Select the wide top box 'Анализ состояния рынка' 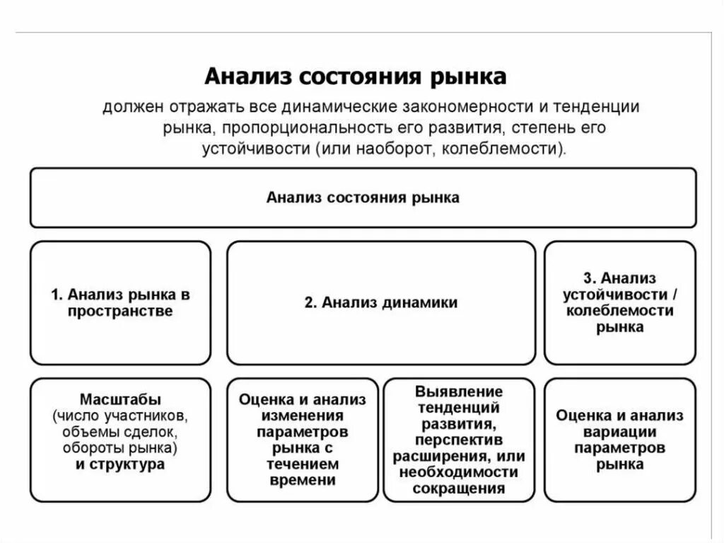point(363,198)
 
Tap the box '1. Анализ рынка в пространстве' point(120,302)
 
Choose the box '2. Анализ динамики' point(381,302)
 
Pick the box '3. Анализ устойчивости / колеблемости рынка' point(619,302)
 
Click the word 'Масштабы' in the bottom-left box point(120,399)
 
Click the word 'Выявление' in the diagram point(459,391)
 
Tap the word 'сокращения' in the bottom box point(459,488)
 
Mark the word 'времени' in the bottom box point(303,481)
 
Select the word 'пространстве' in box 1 point(120,311)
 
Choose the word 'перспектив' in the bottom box point(459,440)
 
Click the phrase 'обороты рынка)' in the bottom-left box point(120,448)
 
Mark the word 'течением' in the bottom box point(303,464)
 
